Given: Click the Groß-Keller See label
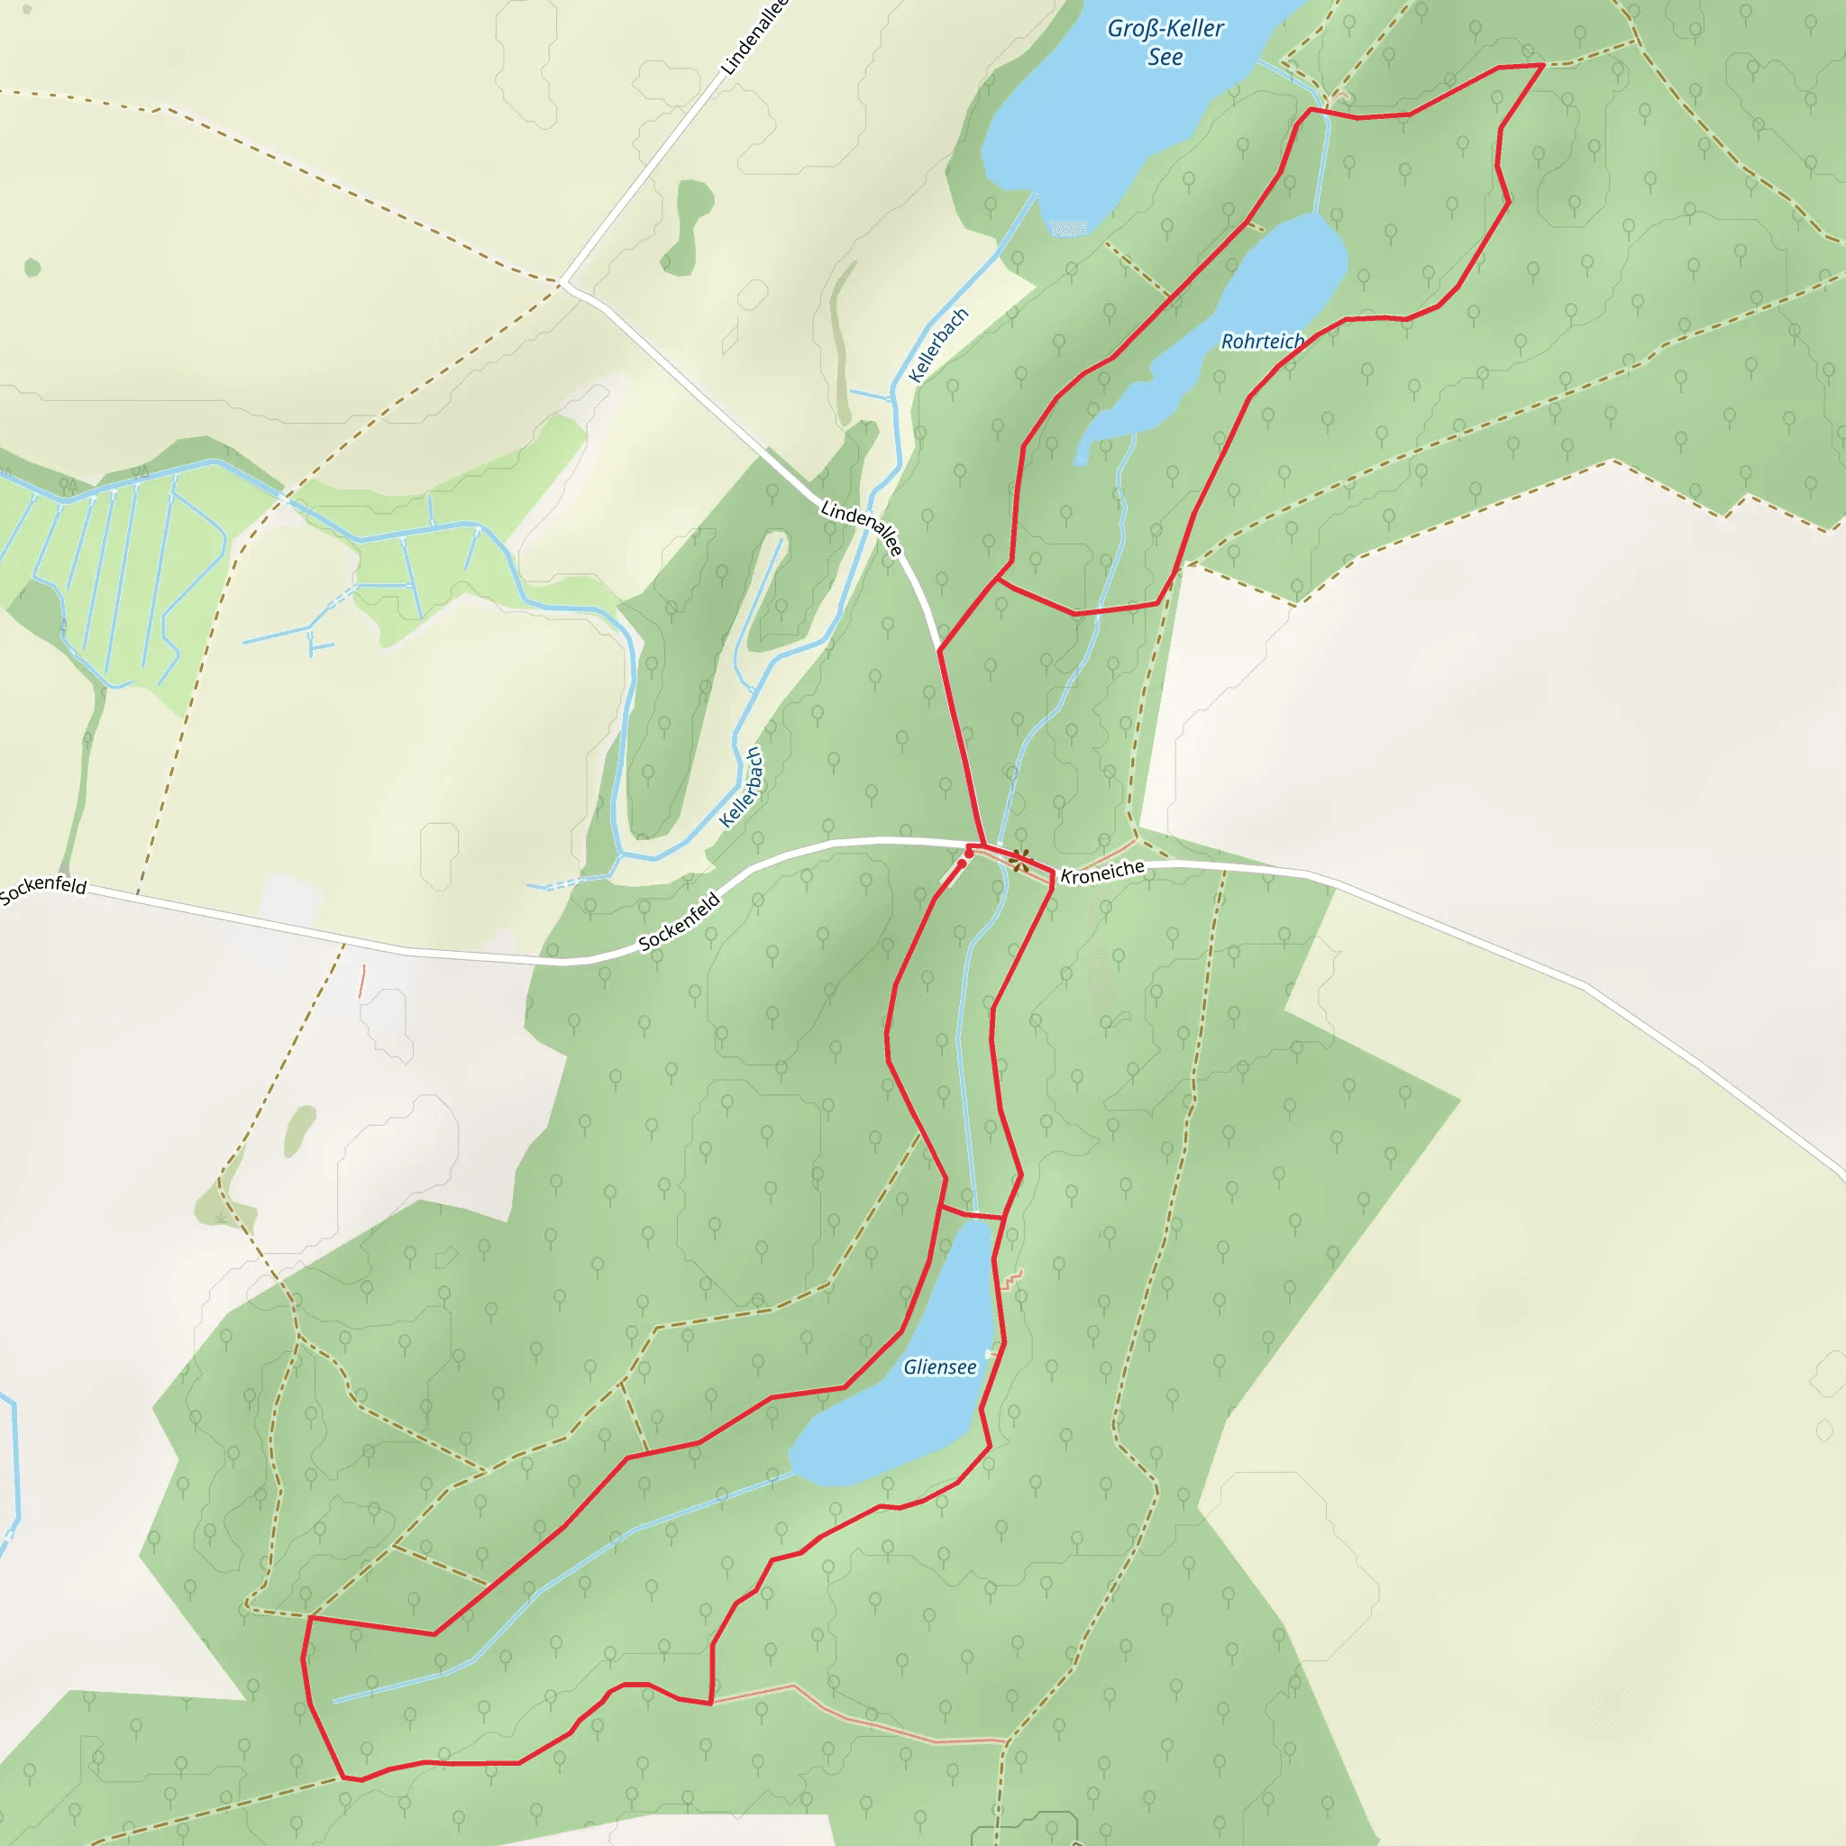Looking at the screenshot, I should pos(1165,43).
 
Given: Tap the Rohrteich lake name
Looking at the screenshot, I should pos(1262,341).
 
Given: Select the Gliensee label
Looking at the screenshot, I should pos(940,1367).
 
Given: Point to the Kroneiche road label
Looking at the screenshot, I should pos(1102,873).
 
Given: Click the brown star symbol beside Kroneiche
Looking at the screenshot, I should pos(1020,861).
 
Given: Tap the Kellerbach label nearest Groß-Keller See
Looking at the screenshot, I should pos(938,346).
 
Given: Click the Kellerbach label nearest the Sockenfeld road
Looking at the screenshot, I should pos(742,787).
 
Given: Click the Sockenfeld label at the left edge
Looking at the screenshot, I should pos(43,889).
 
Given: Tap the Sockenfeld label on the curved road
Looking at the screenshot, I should pos(680,922).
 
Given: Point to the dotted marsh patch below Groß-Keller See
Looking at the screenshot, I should pos(1068,227).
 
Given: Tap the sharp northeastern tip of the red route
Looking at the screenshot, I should pos(1543,65).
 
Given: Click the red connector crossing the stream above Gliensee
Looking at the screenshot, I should pos(973,1214).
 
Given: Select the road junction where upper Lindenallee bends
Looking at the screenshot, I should pos(563,283).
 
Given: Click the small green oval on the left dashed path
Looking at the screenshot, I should pos(300,1130).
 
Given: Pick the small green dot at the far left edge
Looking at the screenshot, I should pos(32,268).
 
